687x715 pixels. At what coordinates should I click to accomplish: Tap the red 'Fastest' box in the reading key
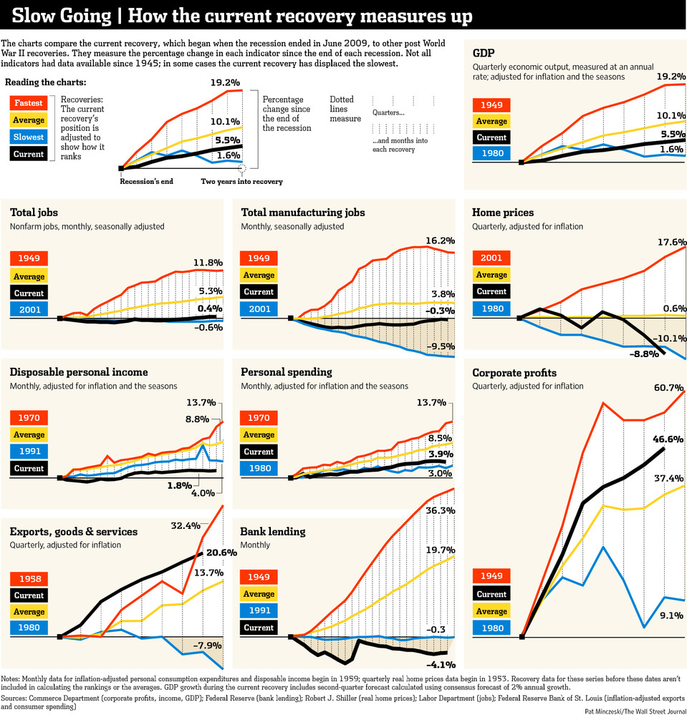click(x=29, y=103)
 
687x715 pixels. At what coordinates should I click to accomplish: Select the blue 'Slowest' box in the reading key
click(x=29, y=137)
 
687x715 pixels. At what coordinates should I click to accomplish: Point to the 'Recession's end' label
click(x=147, y=182)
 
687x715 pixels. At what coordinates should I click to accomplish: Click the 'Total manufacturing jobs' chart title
click(x=303, y=213)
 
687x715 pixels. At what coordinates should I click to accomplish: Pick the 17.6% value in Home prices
click(x=671, y=242)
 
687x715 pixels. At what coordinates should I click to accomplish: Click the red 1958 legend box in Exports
click(x=29, y=578)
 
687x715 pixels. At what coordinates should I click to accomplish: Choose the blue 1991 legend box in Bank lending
click(x=259, y=611)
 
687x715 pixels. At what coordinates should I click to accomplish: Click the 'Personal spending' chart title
click(x=286, y=372)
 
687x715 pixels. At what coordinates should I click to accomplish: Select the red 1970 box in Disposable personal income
click(x=29, y=418)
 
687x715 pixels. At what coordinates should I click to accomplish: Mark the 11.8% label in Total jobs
click(x=208, y=263)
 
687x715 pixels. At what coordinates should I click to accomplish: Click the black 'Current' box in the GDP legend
click(x=491, y=137)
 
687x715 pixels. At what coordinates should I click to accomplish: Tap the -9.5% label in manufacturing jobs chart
click(x=439, y=346)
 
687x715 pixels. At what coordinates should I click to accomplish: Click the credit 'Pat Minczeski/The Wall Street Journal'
click(x=634, y=710)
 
